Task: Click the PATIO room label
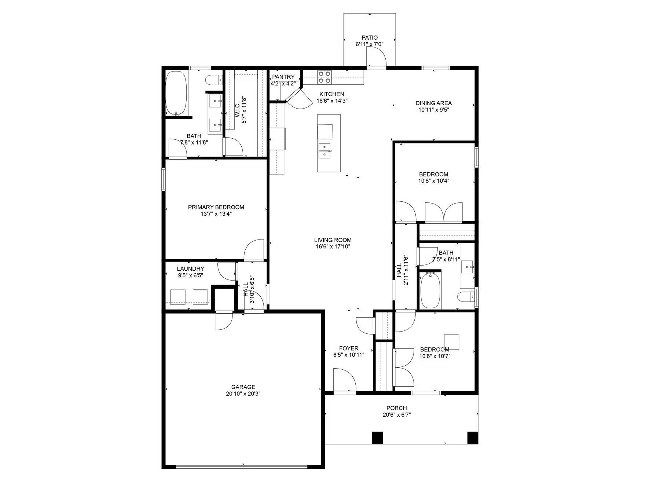(369, 37)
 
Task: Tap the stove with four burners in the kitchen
(324, 77)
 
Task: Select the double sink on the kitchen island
(324, 150)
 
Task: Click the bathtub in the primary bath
(176, 93)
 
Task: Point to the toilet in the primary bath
(213, 80)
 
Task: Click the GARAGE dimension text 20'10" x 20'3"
(243, 394)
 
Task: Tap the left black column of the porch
(377, 438)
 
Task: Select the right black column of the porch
(473, 438)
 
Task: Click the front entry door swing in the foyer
(345, 381)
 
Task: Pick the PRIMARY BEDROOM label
(216, 207)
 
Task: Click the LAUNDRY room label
(190, 269)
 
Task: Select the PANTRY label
(283, 77)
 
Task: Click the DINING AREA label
(433, 103)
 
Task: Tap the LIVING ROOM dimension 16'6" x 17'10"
(333, 246)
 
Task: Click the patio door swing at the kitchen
(376, 58)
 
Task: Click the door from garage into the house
(224, 321)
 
